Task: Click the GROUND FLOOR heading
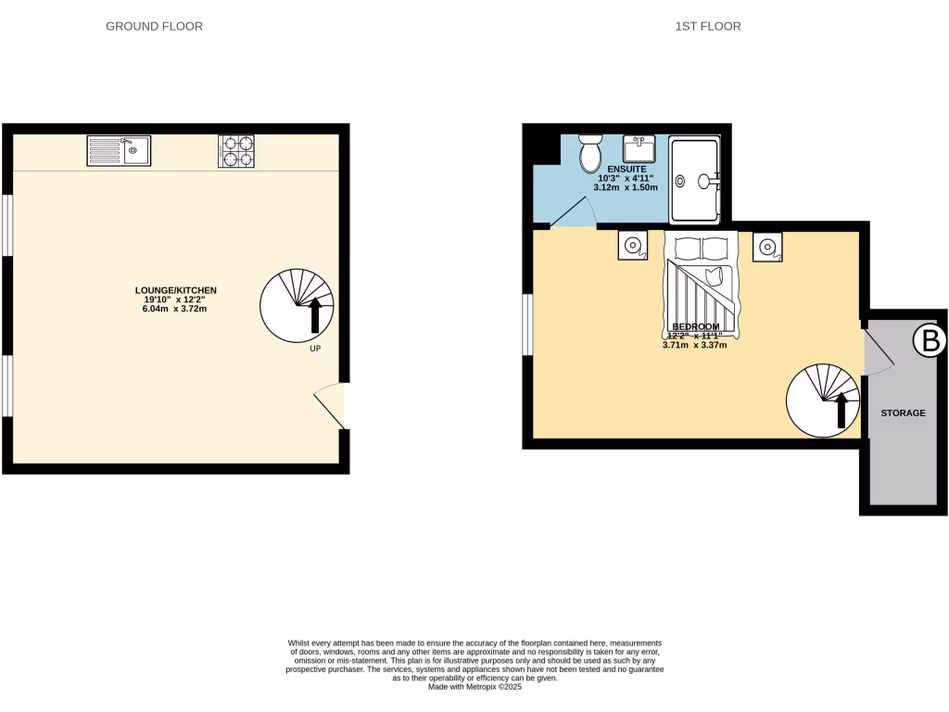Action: click(154, 27)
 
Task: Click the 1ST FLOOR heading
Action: click(707, 27)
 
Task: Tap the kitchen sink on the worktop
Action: click(119, 150)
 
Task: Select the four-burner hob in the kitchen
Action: click(236, 151)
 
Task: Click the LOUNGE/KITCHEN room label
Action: click(175, 291)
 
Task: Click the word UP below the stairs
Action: click(315, 350)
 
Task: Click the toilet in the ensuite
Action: click(590, 153)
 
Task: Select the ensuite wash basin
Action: click(639, 149)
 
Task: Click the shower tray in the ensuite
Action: click(694, 181)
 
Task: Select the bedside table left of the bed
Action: click(634, 246)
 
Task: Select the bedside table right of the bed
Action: click(767, 246)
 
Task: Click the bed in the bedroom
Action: click(701, 283)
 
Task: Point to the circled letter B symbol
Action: click(928, 340)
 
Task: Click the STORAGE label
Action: click(903, 413)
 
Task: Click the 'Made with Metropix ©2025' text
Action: click(474, 687)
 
